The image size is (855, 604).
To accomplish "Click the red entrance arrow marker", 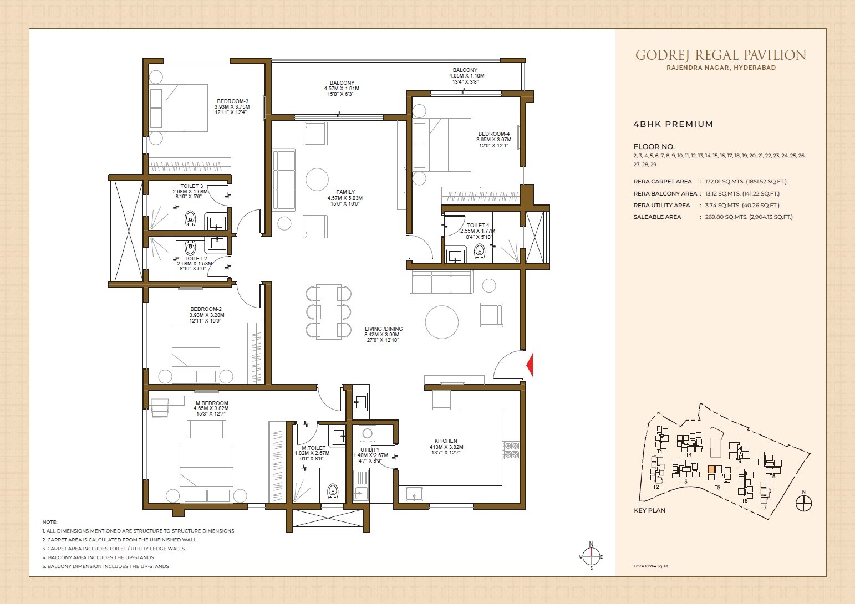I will click(x=530, y=365).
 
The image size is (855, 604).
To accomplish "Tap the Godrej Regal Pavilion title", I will click(x=720, y=55).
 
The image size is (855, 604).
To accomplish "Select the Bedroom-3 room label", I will click(x=232, y=101).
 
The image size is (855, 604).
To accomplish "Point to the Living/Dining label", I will click(x=384, y=329).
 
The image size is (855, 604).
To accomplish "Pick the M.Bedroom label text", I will click(x=211, y=403).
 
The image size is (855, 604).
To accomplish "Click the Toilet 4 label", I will click(x=477, y=226).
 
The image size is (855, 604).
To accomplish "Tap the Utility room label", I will click(x=370, y=450).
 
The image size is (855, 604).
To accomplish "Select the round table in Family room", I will click(x=317, y=180).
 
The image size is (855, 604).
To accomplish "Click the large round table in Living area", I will click(x=442, y=322).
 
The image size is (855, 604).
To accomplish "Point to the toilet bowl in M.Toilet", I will click(x=333, y=490).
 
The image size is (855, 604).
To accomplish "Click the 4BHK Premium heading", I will click(x=673, y=124).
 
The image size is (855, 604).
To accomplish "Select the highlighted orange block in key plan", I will click(x=711, y=469).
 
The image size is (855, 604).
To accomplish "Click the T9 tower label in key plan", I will click(x=738, y=461).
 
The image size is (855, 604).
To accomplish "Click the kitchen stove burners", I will click(x=511, y=450).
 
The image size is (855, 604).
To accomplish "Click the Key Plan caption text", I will click(x=649, y=510).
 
